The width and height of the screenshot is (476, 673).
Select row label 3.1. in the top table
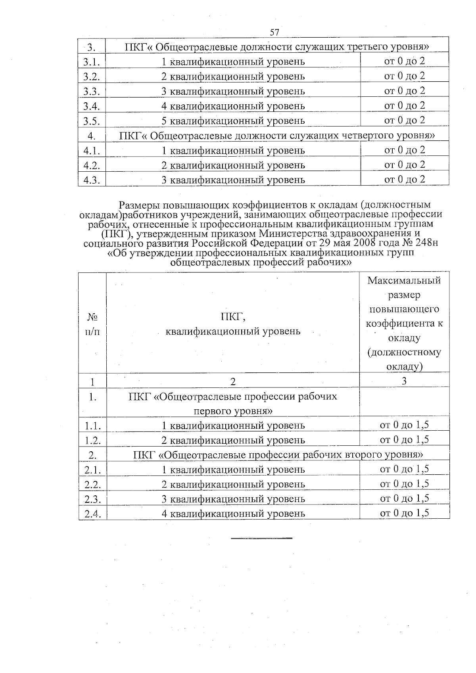92,62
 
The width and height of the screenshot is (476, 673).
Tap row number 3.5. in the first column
92,121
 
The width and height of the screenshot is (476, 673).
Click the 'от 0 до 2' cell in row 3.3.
405,91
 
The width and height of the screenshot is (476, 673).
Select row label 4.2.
92,165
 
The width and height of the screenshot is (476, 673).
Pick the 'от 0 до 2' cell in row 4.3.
405,179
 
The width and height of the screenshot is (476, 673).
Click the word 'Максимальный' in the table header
404,281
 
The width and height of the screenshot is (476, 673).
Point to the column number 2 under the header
233,382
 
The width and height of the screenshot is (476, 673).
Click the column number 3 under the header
404,381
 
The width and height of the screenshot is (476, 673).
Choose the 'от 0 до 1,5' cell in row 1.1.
405,425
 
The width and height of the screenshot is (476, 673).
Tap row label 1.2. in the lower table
92,440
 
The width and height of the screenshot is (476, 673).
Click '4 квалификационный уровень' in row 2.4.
233,514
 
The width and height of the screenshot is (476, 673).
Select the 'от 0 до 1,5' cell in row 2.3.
405,499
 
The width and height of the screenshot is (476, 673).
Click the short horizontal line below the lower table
261,538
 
